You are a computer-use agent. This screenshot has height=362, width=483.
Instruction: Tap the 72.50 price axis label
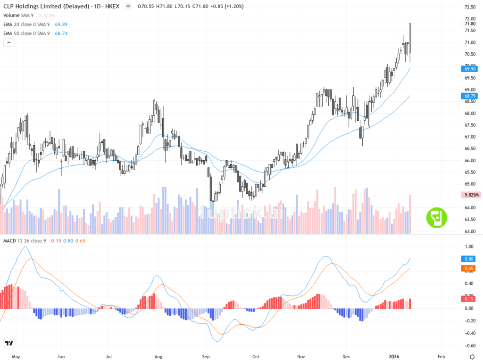(x=469, y=7)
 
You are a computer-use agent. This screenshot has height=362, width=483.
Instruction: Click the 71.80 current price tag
(x=470, y=24)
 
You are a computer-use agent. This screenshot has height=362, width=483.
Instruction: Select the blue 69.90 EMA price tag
(x=470, y=68)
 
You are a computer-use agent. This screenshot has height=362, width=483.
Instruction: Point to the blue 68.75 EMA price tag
(x=470, y=96)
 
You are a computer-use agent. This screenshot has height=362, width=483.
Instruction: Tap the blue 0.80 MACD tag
(x=470, y=259)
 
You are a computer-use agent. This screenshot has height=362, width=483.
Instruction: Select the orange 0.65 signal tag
(x=470, y=268)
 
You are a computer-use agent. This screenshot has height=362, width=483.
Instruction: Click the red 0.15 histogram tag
(x=470, y=299)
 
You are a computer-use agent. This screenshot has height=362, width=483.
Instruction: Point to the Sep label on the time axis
(x=205, y=357)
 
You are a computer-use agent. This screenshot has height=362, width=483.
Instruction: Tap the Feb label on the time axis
(x=441, y=357)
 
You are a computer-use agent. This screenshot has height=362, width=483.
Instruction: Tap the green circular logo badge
(x=436, y=218)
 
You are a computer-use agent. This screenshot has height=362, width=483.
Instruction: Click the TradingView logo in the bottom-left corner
(x=8, y=343)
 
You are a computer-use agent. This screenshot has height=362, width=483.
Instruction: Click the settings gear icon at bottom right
(x=472, y=357)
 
